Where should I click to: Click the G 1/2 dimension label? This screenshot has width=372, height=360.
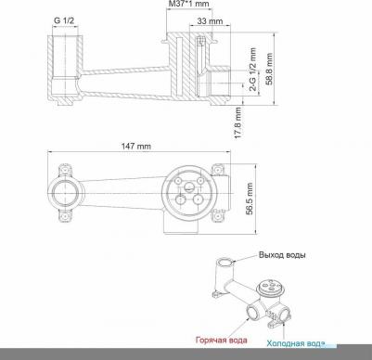64,20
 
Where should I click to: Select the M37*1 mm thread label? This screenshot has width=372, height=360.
188,4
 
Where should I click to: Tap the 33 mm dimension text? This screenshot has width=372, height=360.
210,20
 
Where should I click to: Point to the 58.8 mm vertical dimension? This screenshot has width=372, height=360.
269,69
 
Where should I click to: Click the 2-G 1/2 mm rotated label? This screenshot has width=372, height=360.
253,70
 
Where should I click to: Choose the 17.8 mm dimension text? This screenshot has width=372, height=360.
238,122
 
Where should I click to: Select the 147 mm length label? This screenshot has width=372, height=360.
135,146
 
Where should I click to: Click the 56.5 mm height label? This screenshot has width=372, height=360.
250,199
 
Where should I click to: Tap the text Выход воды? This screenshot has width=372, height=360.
282,255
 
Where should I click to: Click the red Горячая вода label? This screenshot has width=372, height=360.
222,341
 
